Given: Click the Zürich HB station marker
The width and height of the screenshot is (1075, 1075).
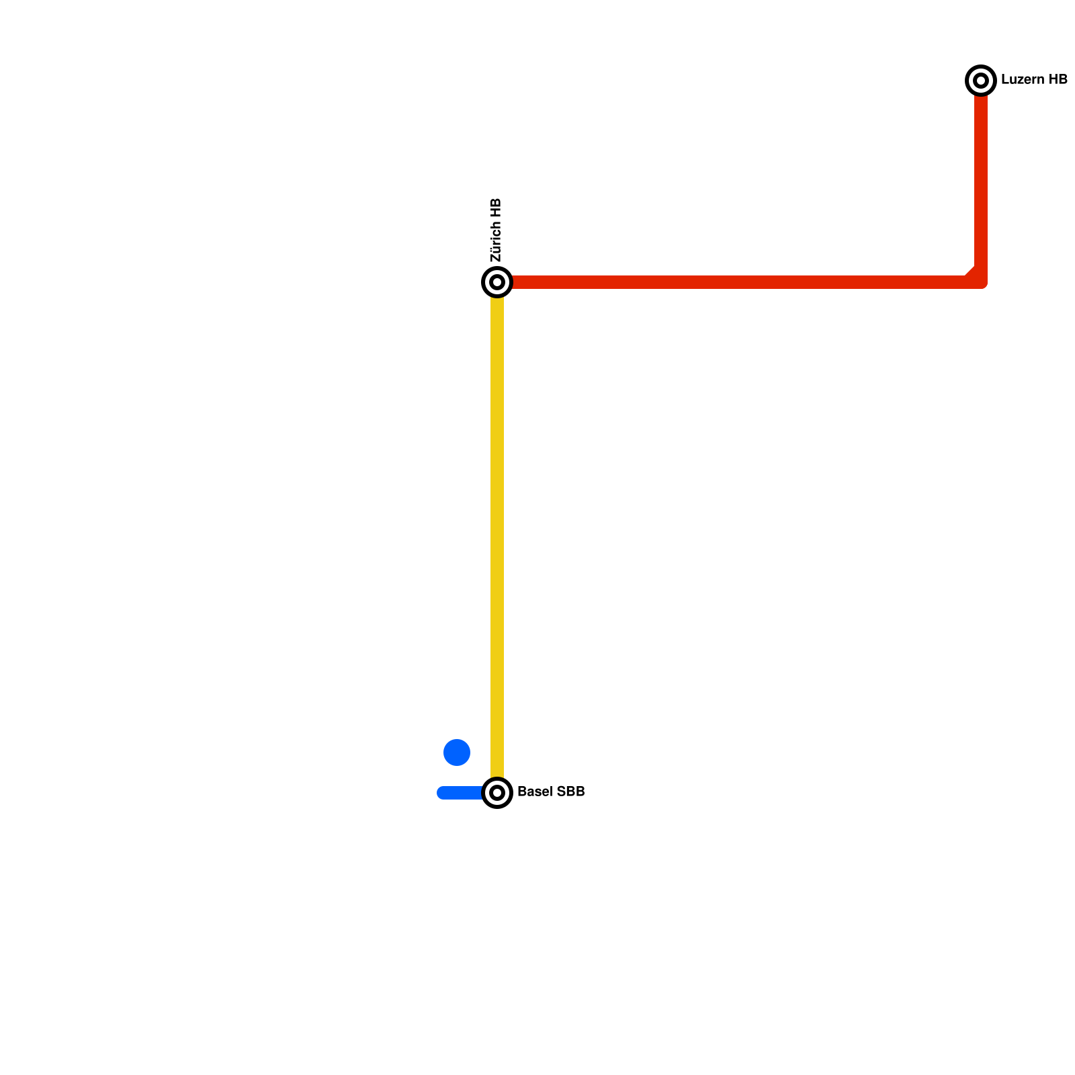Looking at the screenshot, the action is (x=497, y=282).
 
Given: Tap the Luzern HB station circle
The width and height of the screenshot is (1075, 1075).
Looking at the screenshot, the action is (x=981, y=81).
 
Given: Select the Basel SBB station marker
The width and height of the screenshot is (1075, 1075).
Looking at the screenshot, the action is (x=497, y=793).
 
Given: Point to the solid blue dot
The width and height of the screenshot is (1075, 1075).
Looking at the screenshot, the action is (x=457, y=752).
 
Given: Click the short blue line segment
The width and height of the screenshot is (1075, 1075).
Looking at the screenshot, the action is (x=461, y=793).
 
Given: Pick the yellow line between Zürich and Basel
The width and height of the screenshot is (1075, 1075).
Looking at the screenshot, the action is (x=497, y=537).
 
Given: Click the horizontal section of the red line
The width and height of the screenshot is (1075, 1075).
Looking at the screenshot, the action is (x=739, y=282).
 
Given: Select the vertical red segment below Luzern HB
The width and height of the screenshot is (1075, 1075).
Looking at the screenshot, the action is (x=981, y=181).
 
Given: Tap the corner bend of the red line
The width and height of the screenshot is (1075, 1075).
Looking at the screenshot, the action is (x=978, y=279).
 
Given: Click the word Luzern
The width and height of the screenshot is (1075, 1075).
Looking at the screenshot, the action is (x=1020, y=80).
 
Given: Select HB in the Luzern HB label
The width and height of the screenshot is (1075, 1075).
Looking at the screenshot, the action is (x=1057, y=80).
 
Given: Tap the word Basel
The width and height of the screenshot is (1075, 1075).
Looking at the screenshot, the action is (x=535, y=792).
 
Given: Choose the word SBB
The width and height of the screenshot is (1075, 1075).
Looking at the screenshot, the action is (x=570, y=792).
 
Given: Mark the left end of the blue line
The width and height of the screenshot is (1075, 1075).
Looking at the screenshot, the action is (x=441, y=793).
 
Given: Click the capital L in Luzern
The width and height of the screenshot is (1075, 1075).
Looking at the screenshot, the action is (x=1004, y=80).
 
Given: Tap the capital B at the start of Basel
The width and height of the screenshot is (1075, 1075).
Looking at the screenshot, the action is (x=521, y=792).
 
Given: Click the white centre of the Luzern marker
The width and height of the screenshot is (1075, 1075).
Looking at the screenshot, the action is (x=981, y=81).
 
